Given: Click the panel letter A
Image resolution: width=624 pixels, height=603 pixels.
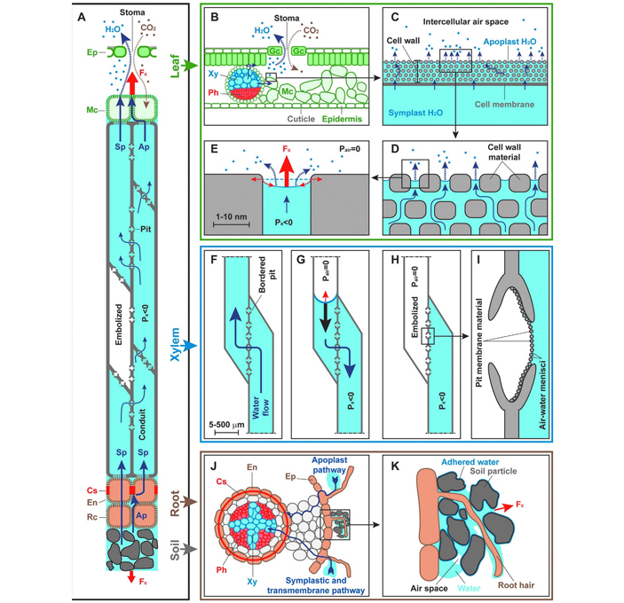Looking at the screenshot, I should (x=83, y=17).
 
